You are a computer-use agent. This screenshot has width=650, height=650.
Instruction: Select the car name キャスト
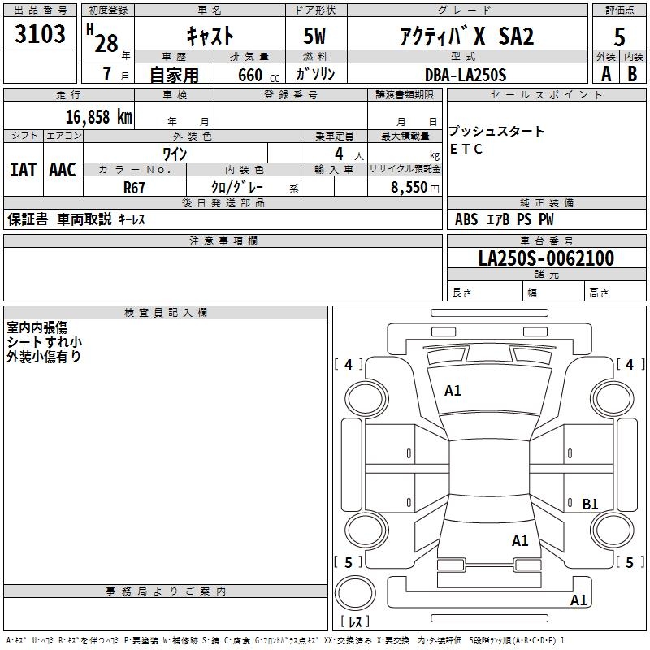(210, 36)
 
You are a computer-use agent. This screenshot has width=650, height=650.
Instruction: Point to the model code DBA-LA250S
(465, 75)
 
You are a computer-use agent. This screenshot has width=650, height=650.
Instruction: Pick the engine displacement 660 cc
(245, 76)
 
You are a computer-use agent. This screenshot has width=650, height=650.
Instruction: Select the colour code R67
(135, 187)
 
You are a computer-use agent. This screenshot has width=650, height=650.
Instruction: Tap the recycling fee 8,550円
(415, 187)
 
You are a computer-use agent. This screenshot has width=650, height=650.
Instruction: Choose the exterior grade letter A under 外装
(605, 74)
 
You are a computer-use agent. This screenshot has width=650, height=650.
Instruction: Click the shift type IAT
(23, 170)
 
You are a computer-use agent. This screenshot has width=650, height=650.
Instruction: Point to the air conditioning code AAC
(63, 170)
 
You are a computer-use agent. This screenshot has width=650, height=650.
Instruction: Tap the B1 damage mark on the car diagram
(590, 505)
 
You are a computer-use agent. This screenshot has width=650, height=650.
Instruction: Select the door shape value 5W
(315, 36)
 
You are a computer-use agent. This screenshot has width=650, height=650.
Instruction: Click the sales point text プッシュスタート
(496, 132)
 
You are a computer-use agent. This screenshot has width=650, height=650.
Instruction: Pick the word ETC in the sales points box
(466, 149)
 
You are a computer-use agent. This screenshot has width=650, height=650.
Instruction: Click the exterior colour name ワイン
(175, 153)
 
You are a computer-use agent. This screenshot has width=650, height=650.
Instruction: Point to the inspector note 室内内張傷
(37, 327)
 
